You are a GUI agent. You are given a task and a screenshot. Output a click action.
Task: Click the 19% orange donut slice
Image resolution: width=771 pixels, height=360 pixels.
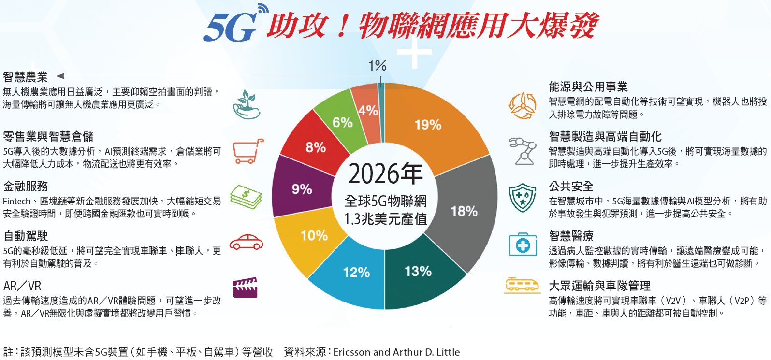(428, 125)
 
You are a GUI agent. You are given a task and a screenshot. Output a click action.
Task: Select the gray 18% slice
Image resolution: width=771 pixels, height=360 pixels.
(464, 211)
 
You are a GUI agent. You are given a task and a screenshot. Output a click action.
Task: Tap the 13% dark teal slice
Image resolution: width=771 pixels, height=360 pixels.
(418, 272)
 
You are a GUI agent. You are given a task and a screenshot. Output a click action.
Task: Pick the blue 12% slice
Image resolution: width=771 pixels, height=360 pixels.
(356, 273)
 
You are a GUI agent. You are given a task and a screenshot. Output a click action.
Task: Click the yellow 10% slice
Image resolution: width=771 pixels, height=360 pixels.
(314, 236)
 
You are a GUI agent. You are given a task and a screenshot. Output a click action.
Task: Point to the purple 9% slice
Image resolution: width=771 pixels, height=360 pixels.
(302, 189)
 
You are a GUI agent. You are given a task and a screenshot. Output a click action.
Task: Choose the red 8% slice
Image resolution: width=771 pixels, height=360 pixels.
(315, 147)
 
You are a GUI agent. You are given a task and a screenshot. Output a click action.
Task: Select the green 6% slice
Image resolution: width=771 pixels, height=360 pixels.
(342, 122)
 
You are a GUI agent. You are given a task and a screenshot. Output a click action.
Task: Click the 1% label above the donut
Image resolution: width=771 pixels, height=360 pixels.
(377, 66)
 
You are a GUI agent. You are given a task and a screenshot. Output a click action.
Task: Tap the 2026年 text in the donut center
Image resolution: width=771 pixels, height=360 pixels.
(385, 174)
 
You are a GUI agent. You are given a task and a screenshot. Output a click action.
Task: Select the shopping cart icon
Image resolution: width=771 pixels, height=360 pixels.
(247, 151)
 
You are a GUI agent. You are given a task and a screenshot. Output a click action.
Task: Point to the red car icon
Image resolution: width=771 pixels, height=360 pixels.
(246, 242)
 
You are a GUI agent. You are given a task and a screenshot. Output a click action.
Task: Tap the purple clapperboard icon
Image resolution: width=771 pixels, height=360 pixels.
(245, 288)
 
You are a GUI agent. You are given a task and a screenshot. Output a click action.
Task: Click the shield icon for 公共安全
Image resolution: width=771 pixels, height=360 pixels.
(522, 197)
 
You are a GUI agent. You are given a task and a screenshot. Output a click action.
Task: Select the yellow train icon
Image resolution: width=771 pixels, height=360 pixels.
(522, 285)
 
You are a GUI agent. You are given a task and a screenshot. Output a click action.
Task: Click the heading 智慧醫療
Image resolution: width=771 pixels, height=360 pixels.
(571, 236)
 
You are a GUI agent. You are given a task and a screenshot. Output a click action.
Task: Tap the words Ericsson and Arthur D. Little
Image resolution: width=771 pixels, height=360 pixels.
(396, 352)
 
